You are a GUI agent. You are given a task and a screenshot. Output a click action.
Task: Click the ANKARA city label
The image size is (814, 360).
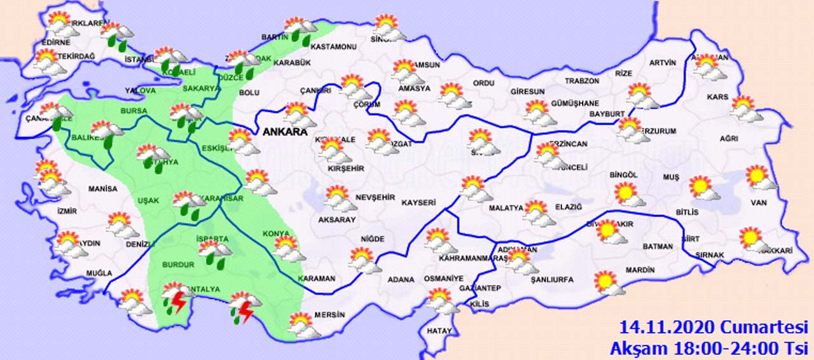tap(284, 132)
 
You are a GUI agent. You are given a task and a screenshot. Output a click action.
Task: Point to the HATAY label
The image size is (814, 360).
tap(439, 331)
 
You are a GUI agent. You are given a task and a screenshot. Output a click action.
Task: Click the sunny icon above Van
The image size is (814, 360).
tap(759, 177)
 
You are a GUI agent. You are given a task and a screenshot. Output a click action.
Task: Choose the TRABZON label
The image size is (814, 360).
tap(583, 81)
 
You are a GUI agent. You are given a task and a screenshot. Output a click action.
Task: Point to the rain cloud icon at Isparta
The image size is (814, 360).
tap(214, 252)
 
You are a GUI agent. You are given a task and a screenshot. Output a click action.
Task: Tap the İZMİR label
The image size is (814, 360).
tap(67, 211)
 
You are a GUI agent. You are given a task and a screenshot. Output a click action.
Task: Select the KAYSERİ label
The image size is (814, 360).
tap(418, 203)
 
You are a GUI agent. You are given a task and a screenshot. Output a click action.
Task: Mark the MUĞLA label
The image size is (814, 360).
tap(99, 273)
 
